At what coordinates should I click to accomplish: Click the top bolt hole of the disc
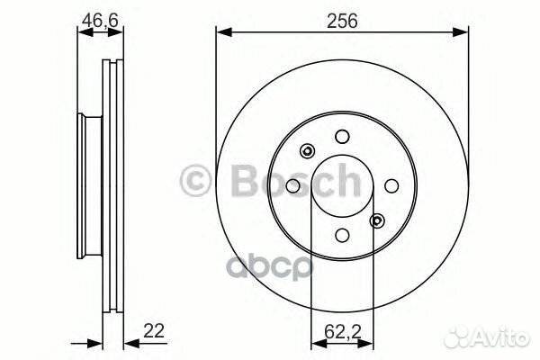click(341, 136)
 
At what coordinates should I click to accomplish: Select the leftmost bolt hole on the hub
click(292, 185)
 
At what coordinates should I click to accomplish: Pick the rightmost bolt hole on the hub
click(391, 185)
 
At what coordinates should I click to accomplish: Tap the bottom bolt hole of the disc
click(341, 235)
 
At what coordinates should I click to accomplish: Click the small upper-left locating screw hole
click(307, 150)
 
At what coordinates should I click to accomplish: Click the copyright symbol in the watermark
click(196, 180)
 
